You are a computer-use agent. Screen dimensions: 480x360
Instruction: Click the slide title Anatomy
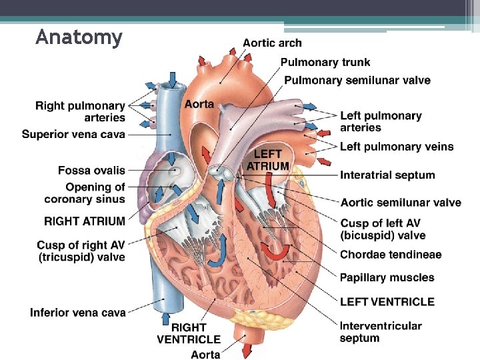click(x=79, y=37)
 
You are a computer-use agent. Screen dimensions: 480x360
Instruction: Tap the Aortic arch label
click(x=272, y=43)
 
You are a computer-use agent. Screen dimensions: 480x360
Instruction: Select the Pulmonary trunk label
click(x=325, y=62)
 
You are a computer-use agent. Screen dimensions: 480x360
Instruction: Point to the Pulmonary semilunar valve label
click(x=357, y=81)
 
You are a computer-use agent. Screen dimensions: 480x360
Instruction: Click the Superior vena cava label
click(x=73, y=135)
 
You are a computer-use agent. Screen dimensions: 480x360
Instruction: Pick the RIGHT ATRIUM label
click(x=85, y=221)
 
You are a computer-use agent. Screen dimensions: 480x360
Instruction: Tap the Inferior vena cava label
click(x=77, y=312)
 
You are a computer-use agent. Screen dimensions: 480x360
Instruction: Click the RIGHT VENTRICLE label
click(x=189, y=333)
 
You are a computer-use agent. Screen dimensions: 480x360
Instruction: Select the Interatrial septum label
click(x=387, y=175)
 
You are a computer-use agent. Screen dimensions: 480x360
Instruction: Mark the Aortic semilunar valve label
click(x=400, y=203)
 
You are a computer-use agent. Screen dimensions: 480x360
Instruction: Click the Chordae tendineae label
click(x=391, y=255)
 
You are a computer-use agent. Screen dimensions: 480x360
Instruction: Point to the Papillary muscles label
click(x=387, y=277)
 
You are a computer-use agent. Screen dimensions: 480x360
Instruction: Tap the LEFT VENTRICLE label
click(x=387, y=302)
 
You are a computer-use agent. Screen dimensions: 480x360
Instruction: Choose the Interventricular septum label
click(x=381, y=332)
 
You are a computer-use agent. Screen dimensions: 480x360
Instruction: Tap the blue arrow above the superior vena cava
click(x=173, y=79)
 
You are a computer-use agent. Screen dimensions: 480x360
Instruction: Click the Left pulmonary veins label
click(x=397, y=147)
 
